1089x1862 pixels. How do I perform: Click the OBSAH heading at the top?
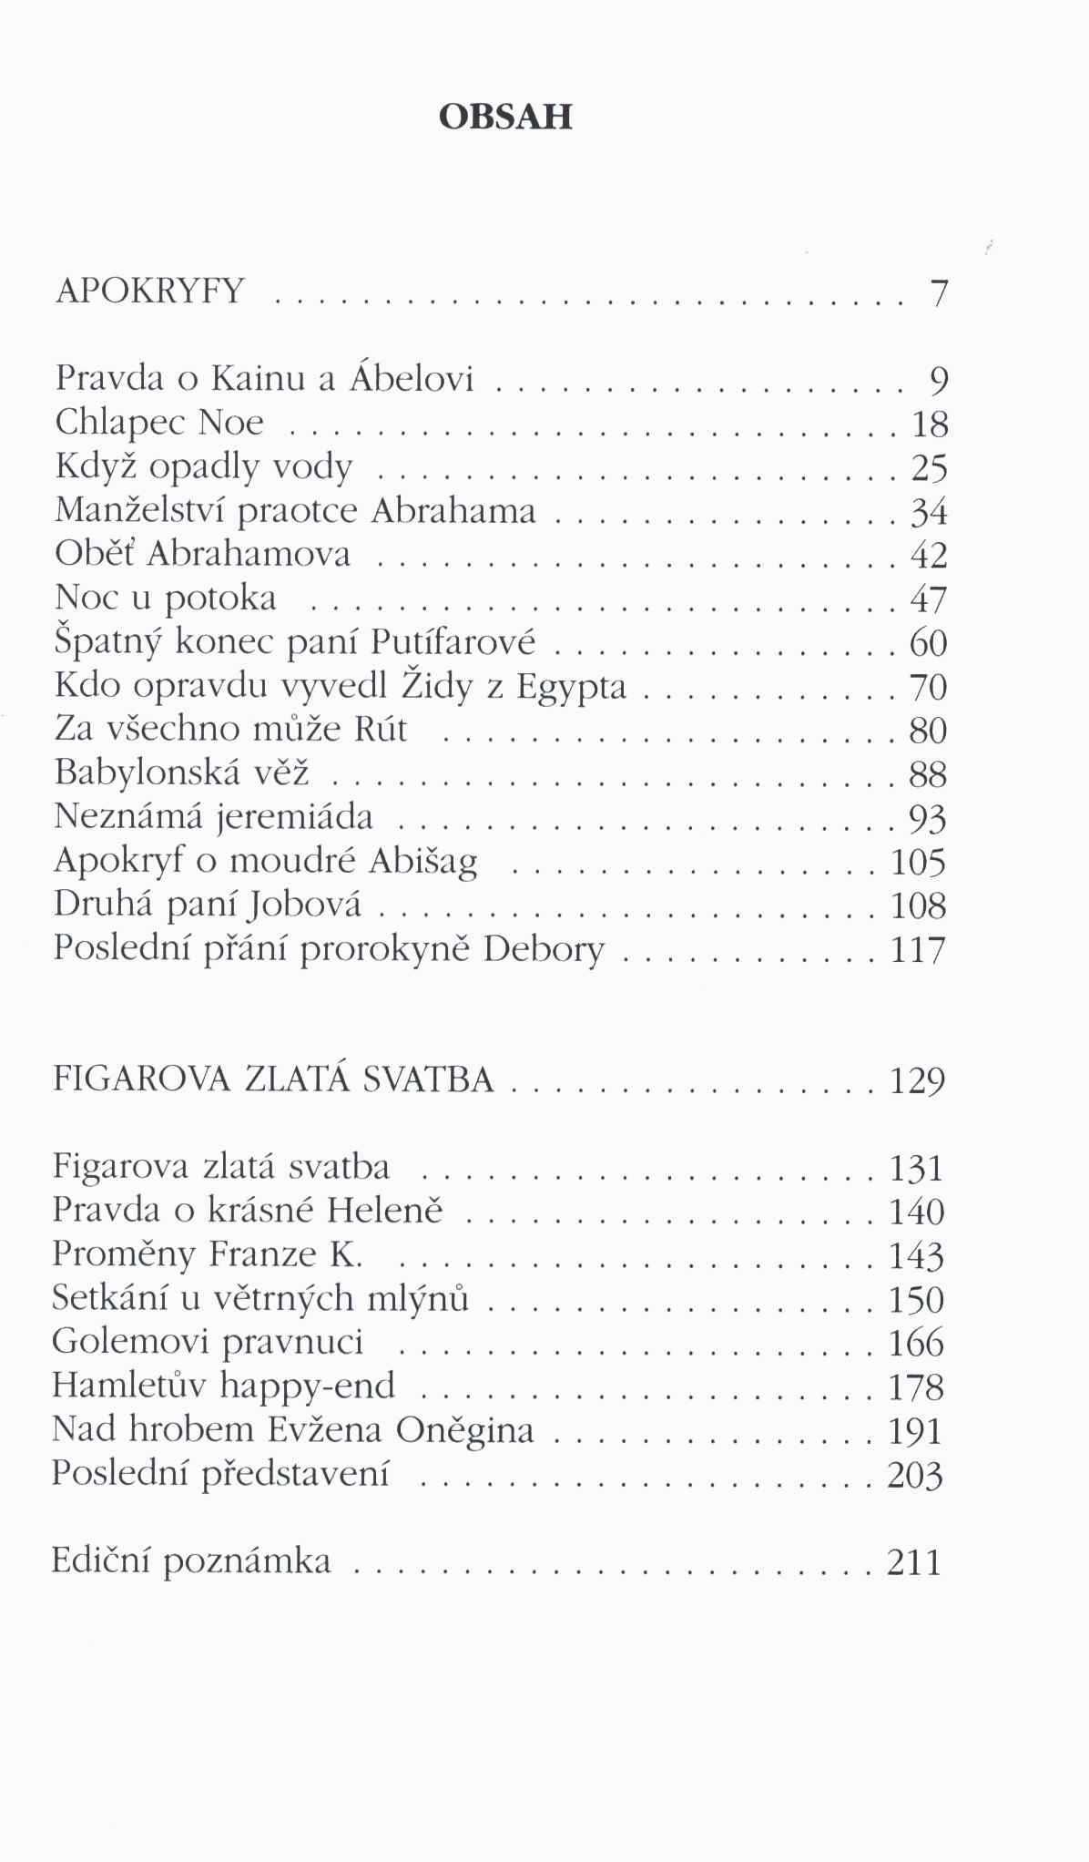505,117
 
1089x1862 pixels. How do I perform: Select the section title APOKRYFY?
150,291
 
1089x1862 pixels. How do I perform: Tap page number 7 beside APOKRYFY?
939,293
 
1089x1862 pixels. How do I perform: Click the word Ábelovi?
412,377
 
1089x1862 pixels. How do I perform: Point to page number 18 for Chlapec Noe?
930,425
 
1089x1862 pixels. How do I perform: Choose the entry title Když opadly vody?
203,466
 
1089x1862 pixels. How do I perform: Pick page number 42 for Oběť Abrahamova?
930,556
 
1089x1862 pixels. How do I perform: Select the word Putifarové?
453,642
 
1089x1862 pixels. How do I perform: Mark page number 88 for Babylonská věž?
929,774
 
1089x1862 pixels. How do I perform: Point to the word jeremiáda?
296,817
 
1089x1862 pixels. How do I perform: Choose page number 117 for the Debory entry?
919,950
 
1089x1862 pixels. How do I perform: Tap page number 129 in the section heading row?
918,1081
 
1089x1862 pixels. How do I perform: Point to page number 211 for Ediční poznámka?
914,1562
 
